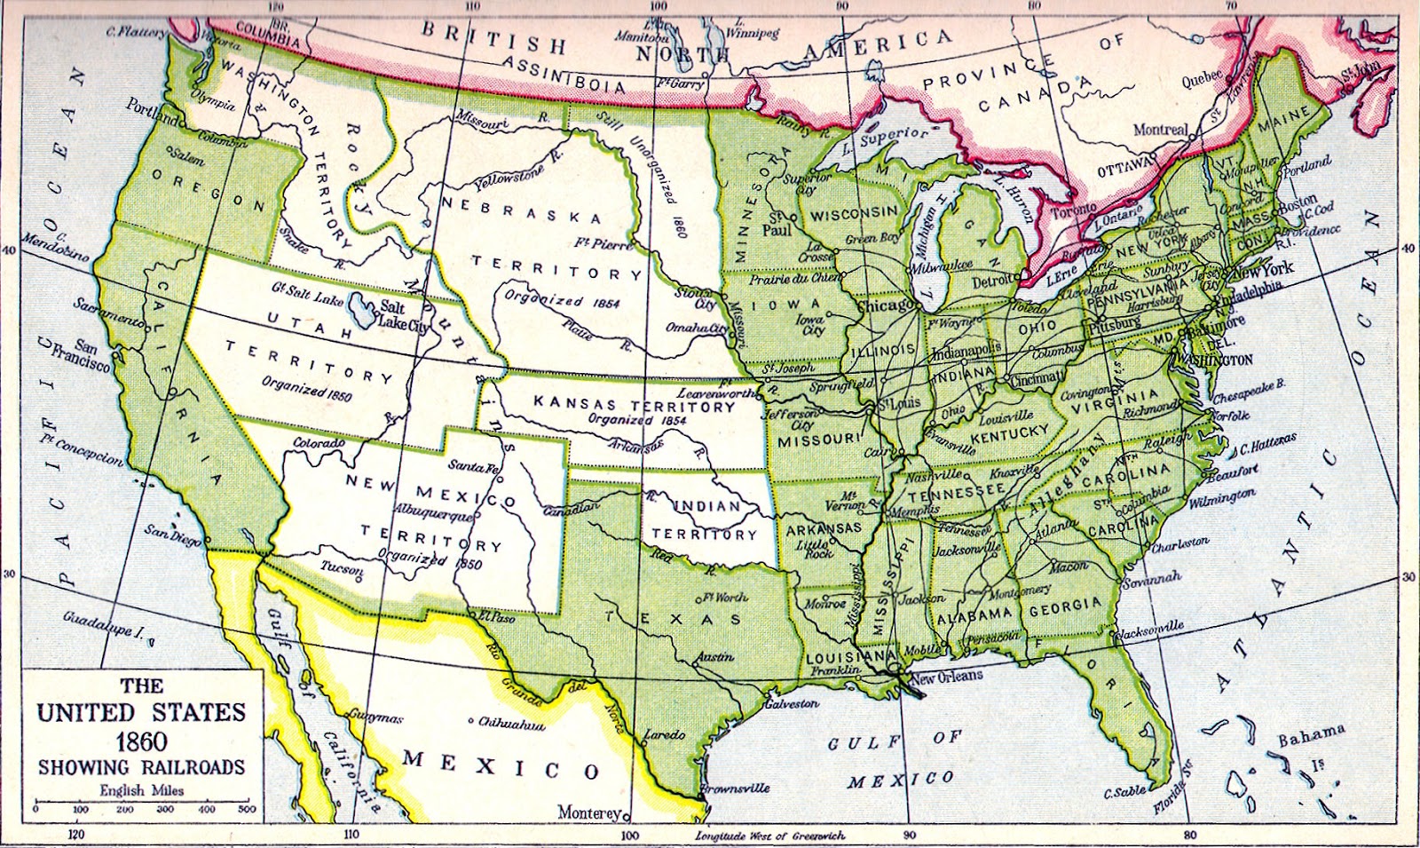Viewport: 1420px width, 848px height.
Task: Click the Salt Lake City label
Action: pyautogui.click(x=405, y=315)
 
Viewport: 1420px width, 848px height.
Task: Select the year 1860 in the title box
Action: pyautogui.click(x=141, y=741)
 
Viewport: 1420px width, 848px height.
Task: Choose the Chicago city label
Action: pyautogui.click(x=887, y=305)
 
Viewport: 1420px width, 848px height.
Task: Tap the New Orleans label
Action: pyautogui.click(x=947, y=677)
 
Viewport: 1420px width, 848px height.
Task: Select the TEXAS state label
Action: pyautogui.click(x=674, y=617)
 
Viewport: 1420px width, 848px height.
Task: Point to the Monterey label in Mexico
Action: pyautogui.click(x=589, y=812)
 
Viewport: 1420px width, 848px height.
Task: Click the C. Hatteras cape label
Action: pyautogui.click(x=1268, y=443)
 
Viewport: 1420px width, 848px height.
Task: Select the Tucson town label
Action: pyautogui.click(x=342, y=567)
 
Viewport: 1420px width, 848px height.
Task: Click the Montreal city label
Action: pyautogui.click(x=1160, y=130)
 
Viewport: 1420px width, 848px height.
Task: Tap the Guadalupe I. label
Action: pyautogui.click(x=103, y=627)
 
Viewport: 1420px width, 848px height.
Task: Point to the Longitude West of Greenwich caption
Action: pyautogui.click(x=769, y=836)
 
